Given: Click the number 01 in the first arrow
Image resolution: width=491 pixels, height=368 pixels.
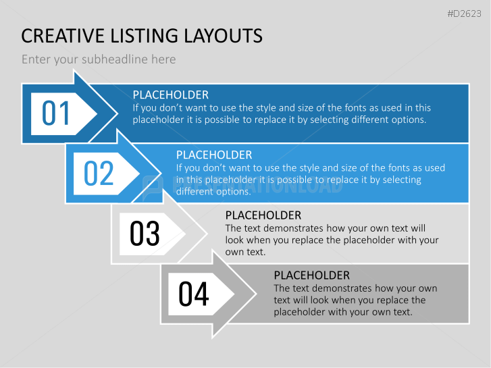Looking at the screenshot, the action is coord(56,113).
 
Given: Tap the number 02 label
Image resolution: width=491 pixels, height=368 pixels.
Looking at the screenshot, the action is coord(99,173).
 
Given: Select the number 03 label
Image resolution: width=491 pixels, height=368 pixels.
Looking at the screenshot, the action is coord(145,234).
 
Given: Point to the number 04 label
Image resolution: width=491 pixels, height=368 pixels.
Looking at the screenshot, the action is coord(194,294).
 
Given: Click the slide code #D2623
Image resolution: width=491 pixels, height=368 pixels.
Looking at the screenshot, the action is coord(464,14).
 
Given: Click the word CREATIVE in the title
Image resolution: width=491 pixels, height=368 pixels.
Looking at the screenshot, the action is coord(63,36).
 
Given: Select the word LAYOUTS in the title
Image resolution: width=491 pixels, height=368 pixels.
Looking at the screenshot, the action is coord(223,36).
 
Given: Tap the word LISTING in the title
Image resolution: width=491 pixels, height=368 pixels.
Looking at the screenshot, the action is coord(144,36).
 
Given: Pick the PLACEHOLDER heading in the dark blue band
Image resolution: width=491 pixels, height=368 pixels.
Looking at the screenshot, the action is coord(171,95).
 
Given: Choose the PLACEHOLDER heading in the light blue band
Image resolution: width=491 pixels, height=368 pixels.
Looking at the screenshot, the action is coord(214,155).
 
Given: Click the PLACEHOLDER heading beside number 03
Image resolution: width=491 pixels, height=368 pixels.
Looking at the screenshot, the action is coord(263,215).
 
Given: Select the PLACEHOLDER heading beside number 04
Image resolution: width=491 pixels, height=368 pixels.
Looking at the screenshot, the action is coord(312,275).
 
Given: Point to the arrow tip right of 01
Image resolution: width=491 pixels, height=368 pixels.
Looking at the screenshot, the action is coord(118,113).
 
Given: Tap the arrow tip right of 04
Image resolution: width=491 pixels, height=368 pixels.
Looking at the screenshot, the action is coord(256,294).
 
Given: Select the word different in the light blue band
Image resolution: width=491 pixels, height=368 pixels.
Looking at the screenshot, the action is coord(198,191).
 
